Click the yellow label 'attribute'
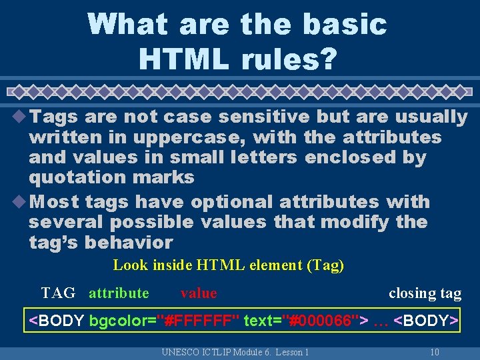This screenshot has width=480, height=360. tap(119, 293)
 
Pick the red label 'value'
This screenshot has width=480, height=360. tap(199, 293)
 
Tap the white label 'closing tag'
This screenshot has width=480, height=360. tap(425, 293)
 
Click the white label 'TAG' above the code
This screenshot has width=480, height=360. tap(58, 293)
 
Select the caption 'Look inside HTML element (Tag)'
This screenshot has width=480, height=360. tap(228, 265)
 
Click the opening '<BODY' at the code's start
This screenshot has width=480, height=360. tap(57, 321)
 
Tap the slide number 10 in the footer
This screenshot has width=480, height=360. tap(434, 352)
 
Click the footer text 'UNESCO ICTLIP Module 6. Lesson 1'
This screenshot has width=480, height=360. tap(235, 352)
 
